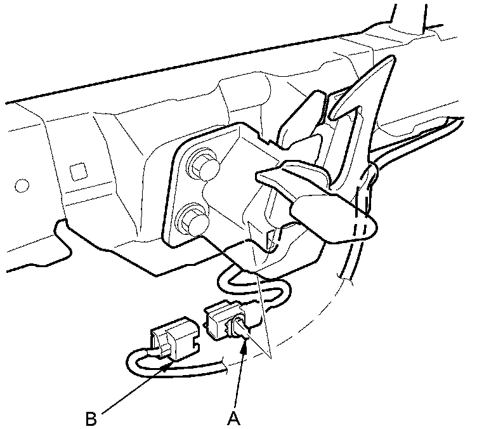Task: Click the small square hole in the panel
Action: pyautogui.click(x=79, y=171)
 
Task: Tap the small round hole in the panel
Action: pyautogui.click(x=22, y=187)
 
